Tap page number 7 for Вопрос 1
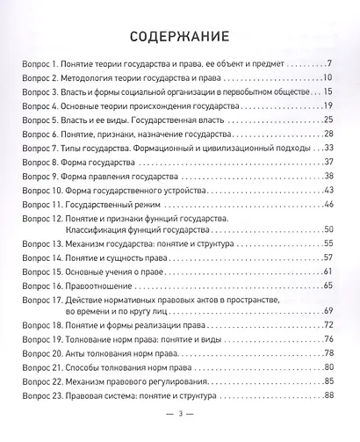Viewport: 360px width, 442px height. (x=328, y=64)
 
